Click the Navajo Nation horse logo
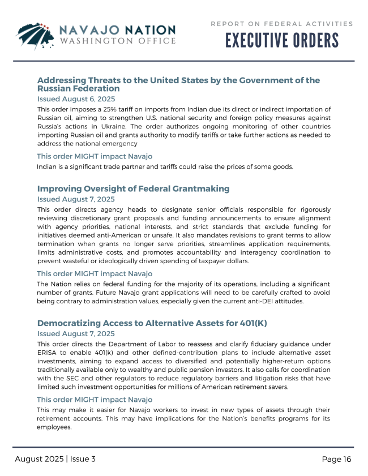point(36,35)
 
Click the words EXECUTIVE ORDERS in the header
point(282,41)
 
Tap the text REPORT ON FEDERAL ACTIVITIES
point(282,24)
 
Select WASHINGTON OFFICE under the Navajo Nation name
point(118,41)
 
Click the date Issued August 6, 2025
point(76,98)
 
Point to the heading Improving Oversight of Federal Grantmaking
point(133,188)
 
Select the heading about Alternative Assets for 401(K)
point(152,323)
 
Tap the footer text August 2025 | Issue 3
point(55,459)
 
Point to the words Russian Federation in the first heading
point(78,88)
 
